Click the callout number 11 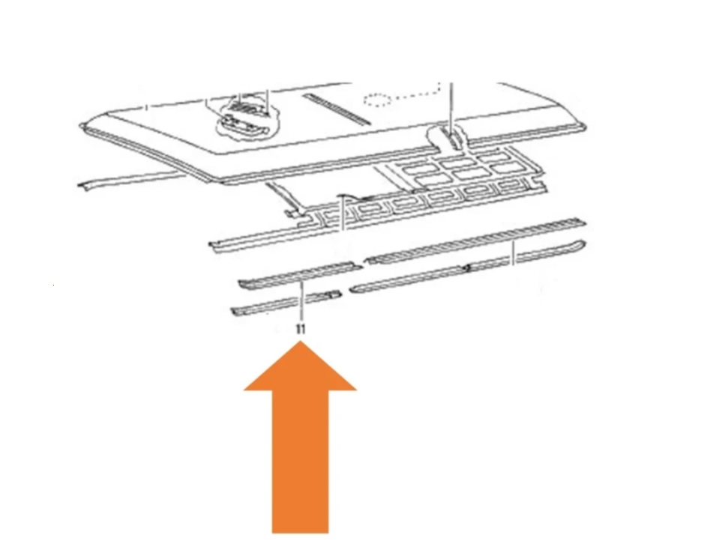point(301,329)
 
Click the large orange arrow point(300,438)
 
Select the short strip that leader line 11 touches point(300,275)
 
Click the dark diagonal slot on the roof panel point(337,109)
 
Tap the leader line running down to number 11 point(301,302)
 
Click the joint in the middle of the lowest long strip point(467,268)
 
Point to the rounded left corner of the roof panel point(83,127)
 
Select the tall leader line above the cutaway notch point(451,109)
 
